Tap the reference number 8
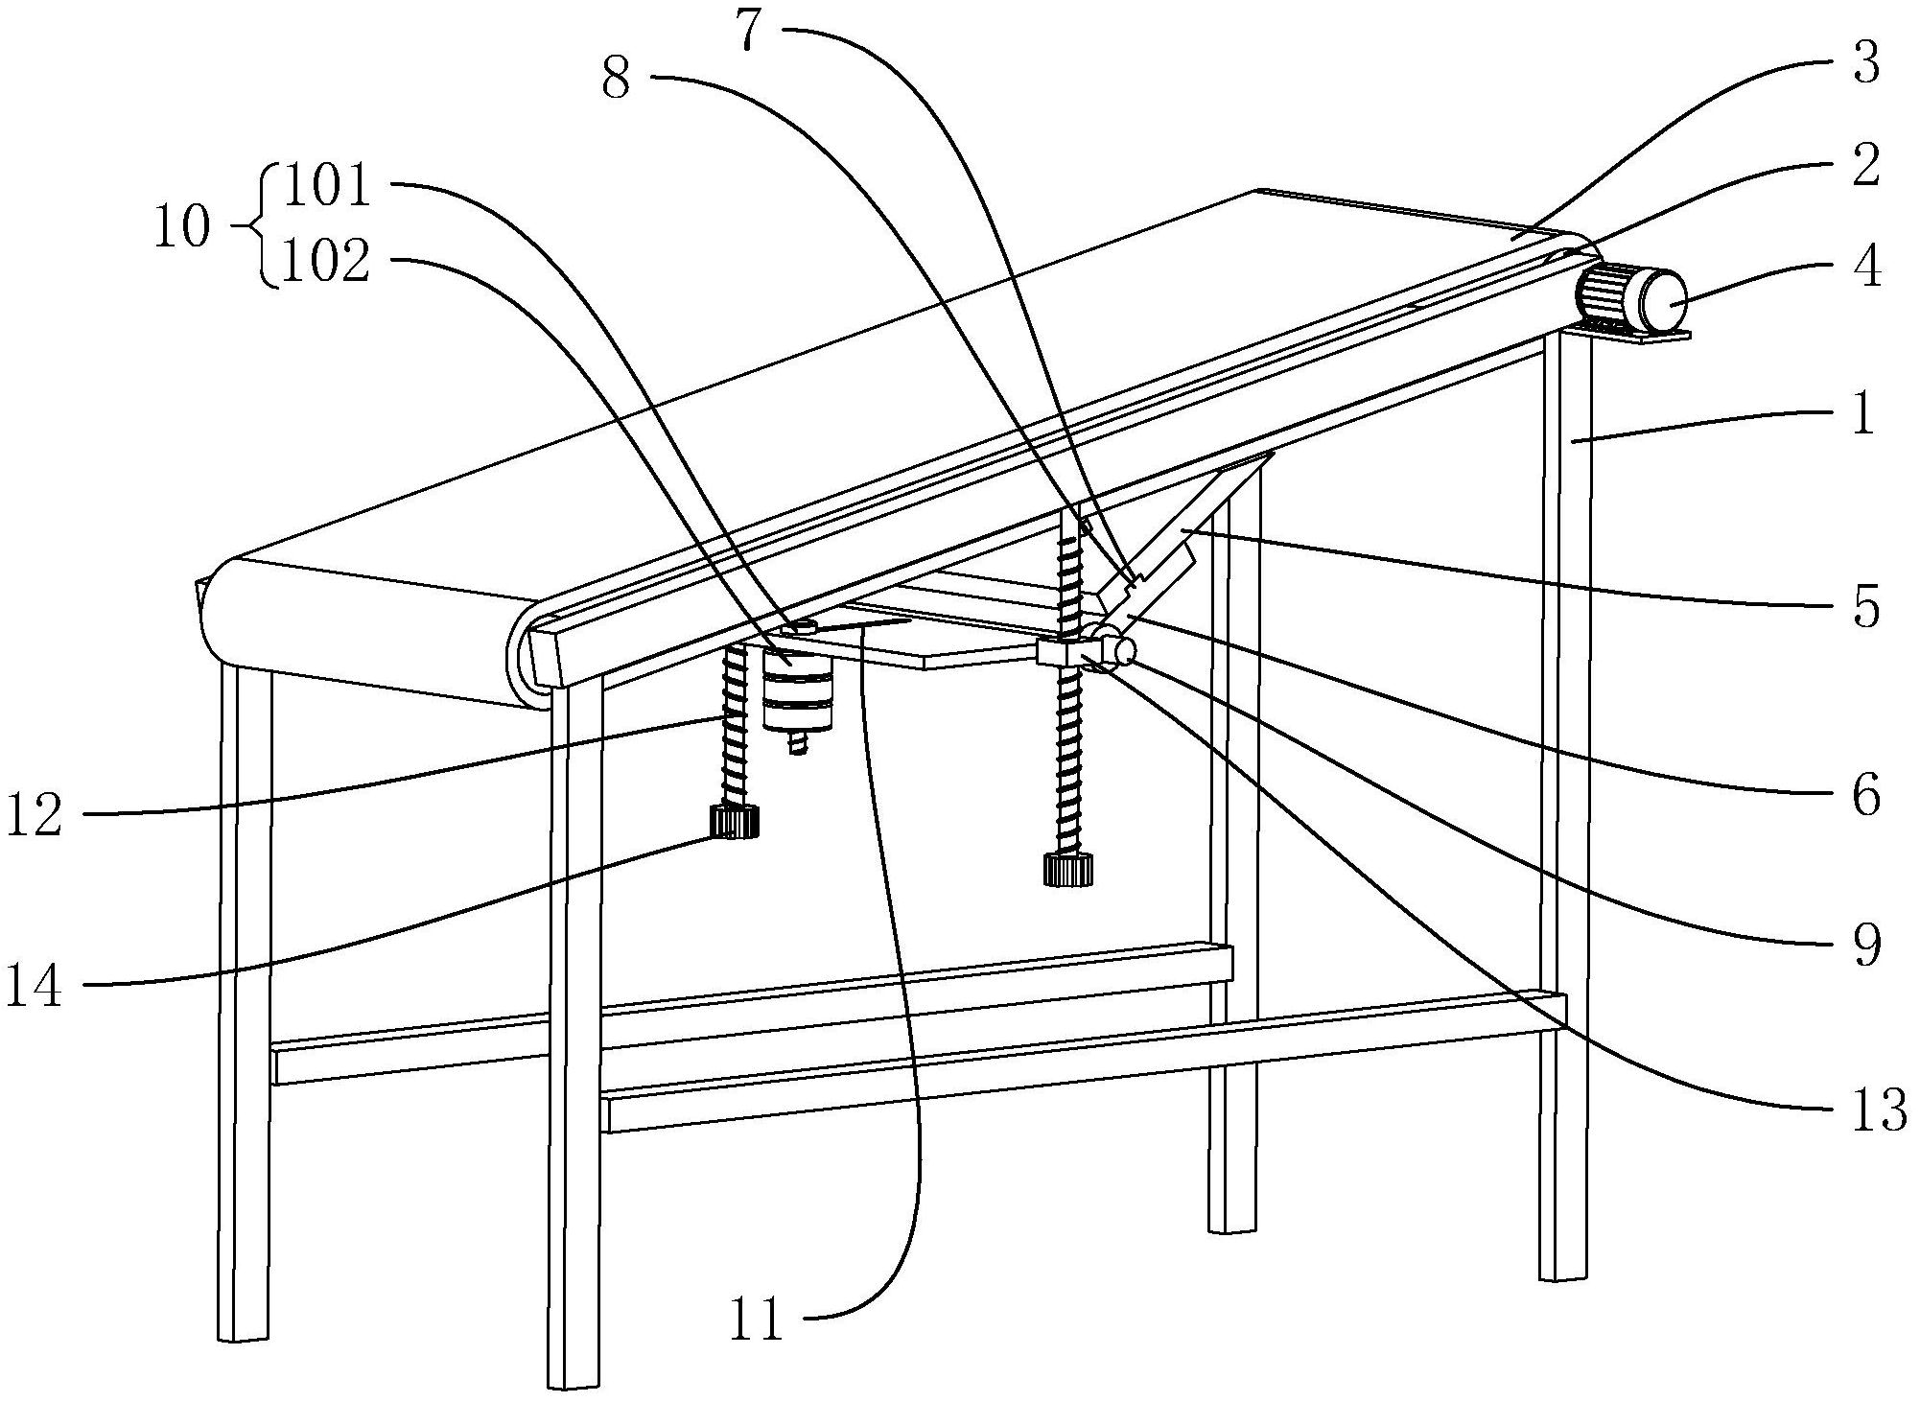coord(617,79)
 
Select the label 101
coord(327,186)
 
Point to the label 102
coord(327,260)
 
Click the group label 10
coord(182,227)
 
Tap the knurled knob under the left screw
coord(735,822)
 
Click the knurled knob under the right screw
coord(1068,871)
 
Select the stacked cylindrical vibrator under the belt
coord(798,695)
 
